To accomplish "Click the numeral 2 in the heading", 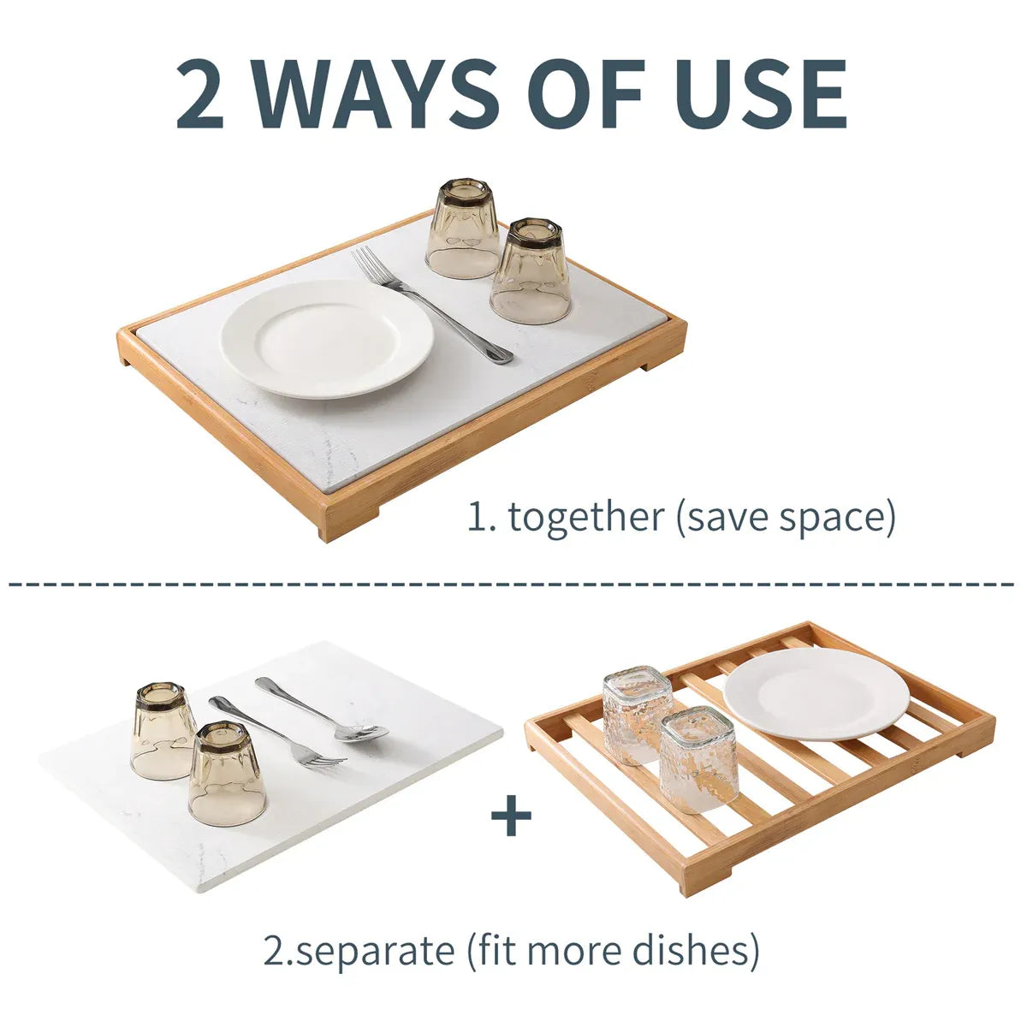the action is pos(199,94).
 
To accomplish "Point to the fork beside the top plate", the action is pos(431,305).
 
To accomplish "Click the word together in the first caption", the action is pos(585,516).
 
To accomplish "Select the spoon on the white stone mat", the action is pos(322,709).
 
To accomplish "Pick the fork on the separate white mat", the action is pos(277,731).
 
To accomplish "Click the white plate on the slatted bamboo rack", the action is pos(816,694).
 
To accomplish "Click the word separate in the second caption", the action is pos(374,951).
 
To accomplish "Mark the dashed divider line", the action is pos(511,585).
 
